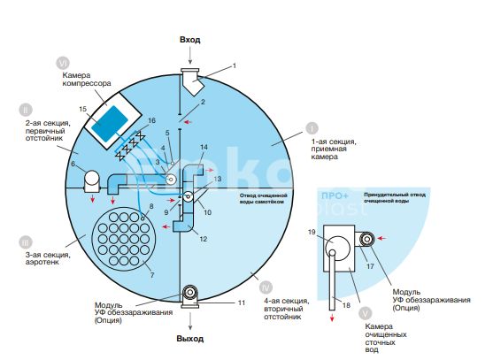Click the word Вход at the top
tap(190, 40)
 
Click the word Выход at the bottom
tap(190, 339)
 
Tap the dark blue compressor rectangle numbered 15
tap(110, 123)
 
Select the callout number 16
tap(151, 120)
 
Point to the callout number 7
tap(152, 275)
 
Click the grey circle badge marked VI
tap(63, 63)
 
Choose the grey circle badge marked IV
tap(266, 287)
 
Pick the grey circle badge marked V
tap(365, 313)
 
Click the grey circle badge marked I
tap(312, 128)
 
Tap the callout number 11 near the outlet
tap(241, 303)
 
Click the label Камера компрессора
tap(87, 79)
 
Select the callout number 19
tap(312, 232)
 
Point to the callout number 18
tap(346, 305)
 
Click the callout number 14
tap(204, 147)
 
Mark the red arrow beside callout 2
tap(188, 122)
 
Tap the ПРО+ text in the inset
tap(335, 195)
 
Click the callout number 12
tap(204, 239)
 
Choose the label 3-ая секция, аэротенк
tap(48, 258)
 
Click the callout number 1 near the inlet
tap(234, 65)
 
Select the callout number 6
tap(73, 164)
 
